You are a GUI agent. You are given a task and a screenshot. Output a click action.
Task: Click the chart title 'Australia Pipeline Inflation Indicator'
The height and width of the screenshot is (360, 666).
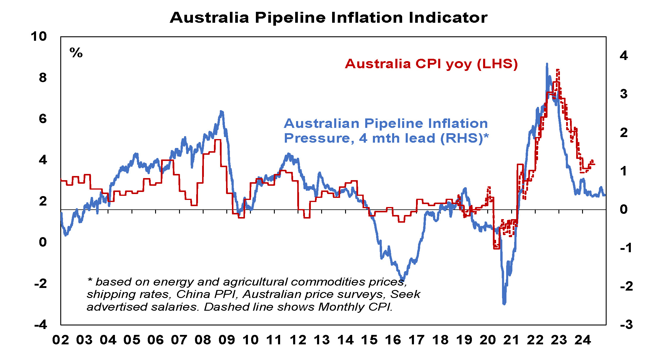pyautogui.click(x=329, y=18)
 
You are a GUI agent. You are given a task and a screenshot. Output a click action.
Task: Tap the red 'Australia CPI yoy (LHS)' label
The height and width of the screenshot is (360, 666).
pyautogui.click(x=431, y=64)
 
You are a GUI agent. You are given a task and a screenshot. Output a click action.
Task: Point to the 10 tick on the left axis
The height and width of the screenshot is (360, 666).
pyautogui.click(x=39, y=37)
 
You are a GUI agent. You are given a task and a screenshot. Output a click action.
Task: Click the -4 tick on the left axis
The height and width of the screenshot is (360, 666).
pyautogui.click(x=41, y=325)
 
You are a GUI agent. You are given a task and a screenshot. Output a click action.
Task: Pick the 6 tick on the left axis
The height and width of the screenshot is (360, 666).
pyautogui.click(x=43, y=119)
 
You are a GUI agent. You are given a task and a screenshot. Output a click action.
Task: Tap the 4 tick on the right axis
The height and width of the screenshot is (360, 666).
pyautogui.click(x=623, y=56)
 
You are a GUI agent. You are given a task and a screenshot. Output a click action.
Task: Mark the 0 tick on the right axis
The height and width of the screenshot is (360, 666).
pyautogui.click(x=624, y=209)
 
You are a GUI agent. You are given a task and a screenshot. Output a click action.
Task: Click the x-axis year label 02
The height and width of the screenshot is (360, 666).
pyautogui.click(x=61, y=340)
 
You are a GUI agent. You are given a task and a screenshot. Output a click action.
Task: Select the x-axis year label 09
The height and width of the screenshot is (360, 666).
pyautogui.click(x=227, y=340)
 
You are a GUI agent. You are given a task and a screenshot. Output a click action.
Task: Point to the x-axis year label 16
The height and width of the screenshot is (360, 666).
pyautogui.click(x=393, y=340)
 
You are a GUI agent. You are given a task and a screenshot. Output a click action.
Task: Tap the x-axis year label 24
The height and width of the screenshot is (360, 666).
pyautogui.click(x=583, y=340)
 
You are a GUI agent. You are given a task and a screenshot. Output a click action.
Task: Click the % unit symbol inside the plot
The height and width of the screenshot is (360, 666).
pyautogui.click(x=76, y=53)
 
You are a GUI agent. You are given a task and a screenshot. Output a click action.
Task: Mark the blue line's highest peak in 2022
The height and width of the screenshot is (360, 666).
pyautogui.click(x=547, y=64)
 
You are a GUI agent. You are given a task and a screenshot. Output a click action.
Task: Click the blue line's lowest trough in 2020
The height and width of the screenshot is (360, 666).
pyautogui.click(x=504, y=303)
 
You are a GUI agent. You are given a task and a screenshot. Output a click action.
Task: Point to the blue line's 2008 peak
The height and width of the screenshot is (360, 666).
pyautogui.click(x=221, y=112)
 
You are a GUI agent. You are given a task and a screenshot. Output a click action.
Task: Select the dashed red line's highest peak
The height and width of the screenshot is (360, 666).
pyautogui.click(x=558, y=70)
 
